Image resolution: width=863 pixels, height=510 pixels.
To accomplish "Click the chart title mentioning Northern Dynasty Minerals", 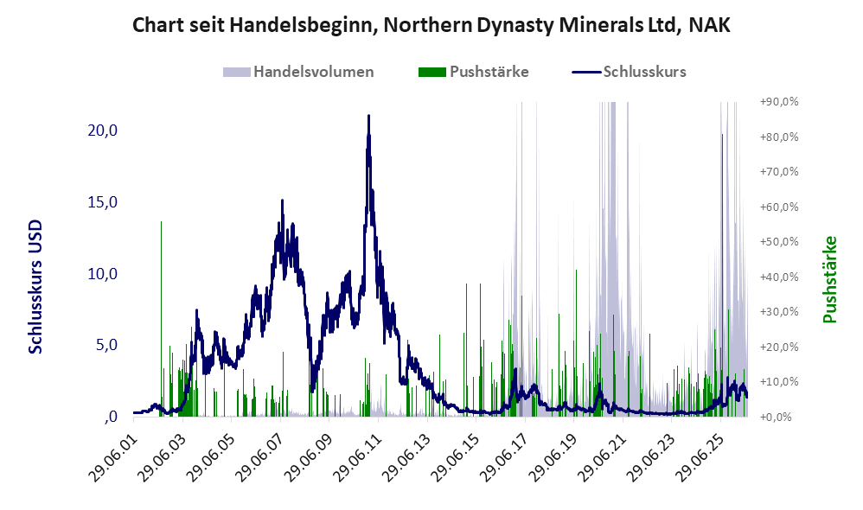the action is click(x=431, y=25).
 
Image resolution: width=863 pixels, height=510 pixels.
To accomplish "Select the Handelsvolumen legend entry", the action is click(x=298, y=72).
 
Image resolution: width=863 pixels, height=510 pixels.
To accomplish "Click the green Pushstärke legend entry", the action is click(x=473, y=72).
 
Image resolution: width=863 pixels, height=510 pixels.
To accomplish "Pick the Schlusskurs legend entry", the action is click(x=629, y=72).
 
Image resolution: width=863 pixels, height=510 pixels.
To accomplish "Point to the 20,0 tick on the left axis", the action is click(x=102, y=131).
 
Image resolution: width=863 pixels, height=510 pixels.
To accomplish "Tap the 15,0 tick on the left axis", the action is click(x=102, y=202).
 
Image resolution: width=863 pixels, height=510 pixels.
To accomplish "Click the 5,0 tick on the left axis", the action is click(x=106, y=345).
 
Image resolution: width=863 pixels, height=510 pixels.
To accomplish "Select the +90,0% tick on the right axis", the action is click(x=779, y=102).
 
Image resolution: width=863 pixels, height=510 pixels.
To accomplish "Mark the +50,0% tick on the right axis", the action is click(x=779, y=241).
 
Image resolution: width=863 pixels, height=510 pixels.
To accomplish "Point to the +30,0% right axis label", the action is click(x=779, y=311).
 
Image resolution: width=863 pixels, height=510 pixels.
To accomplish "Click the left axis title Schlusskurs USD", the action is click(x=35, y=287).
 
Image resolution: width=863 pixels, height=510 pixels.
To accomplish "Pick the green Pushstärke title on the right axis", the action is click(x=829, y=279).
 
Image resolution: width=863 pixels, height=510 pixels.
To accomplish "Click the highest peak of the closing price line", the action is click(x=368, y=116).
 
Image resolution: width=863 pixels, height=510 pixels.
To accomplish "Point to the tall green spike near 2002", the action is click(x=161, y=319).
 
